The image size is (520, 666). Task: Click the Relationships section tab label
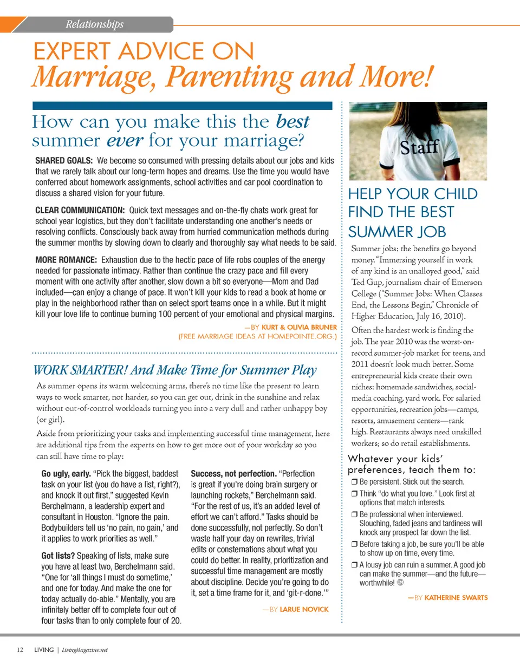[94, 24]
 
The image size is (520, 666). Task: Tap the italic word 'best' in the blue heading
[292, 121]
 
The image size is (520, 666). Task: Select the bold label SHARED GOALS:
[64, 161]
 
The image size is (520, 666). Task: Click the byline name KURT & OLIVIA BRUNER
[299, 327]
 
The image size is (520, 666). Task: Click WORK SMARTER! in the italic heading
[80, 370]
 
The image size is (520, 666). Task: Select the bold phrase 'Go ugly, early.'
[67, 474]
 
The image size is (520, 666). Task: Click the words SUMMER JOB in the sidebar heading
[397, 232]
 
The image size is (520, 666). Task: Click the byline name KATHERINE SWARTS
[456, 598]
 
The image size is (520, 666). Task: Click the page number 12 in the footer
[20, 650]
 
